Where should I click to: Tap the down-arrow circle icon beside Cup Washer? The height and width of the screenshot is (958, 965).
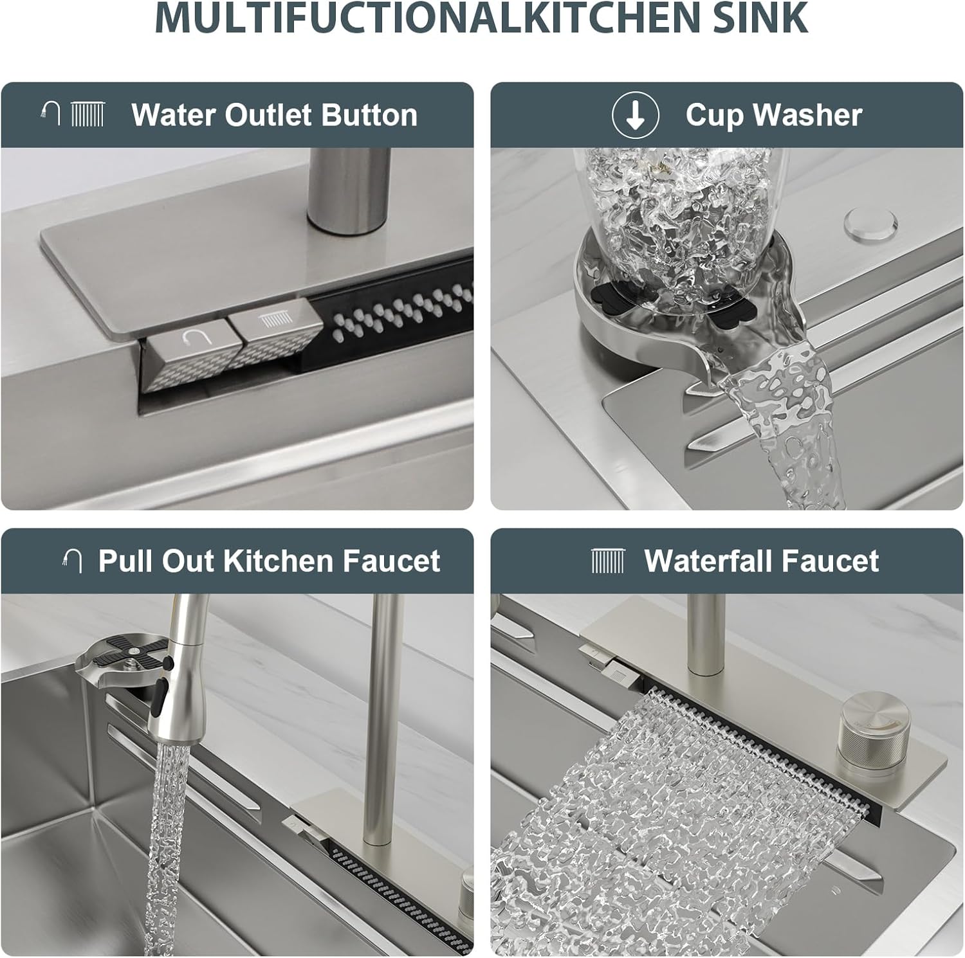(635, 115)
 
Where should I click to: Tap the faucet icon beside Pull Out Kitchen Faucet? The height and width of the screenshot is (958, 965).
(72, 561)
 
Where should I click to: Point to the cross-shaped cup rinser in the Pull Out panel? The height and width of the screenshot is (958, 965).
(125, 658)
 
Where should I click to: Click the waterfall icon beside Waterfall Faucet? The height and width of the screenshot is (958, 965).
(608, 561)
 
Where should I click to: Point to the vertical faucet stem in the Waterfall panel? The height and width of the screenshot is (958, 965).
(706, 637)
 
